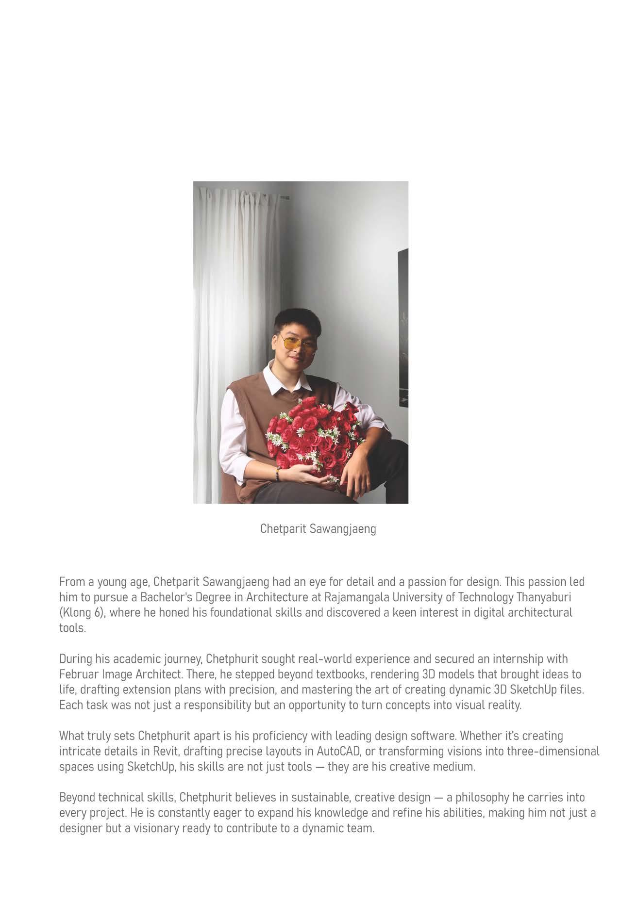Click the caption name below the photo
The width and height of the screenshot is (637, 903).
tap(318, 528)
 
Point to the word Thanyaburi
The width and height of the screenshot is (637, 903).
tap(544, 597)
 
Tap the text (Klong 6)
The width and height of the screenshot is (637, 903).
tap(82, 612)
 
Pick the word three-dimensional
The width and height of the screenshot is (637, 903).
tap(553, 752)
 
